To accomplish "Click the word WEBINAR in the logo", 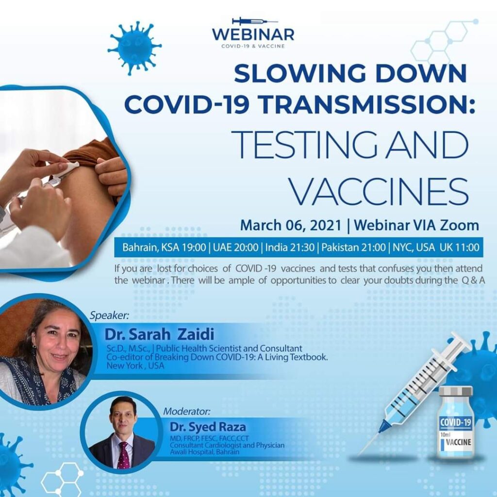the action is click(253, 35).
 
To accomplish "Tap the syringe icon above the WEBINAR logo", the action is click(255, 21).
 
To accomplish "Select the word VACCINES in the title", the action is click(380, 191).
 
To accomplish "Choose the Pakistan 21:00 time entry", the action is click(353, 247).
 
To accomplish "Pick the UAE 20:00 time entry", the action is click(235, 247).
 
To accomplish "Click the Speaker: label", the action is click(109, 315).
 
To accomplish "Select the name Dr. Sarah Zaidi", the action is click(159, 334).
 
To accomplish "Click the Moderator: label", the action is click(187, 412).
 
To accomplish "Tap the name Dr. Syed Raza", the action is click(208, 427).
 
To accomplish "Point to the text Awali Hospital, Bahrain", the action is click(204, 452).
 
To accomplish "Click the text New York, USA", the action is click(135, 365).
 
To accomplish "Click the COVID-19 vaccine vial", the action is click(456, 422).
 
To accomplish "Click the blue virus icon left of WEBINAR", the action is click(135, 48).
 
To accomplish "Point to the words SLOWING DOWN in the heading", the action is click(350, 73).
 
